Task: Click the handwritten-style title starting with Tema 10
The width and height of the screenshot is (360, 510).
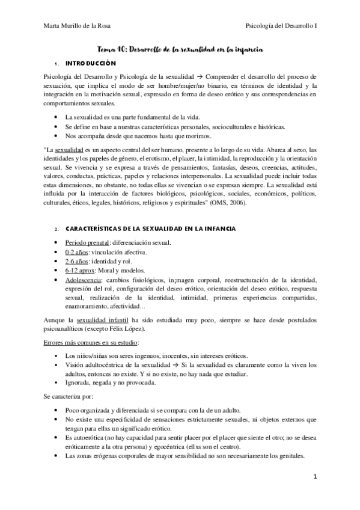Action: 179,52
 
